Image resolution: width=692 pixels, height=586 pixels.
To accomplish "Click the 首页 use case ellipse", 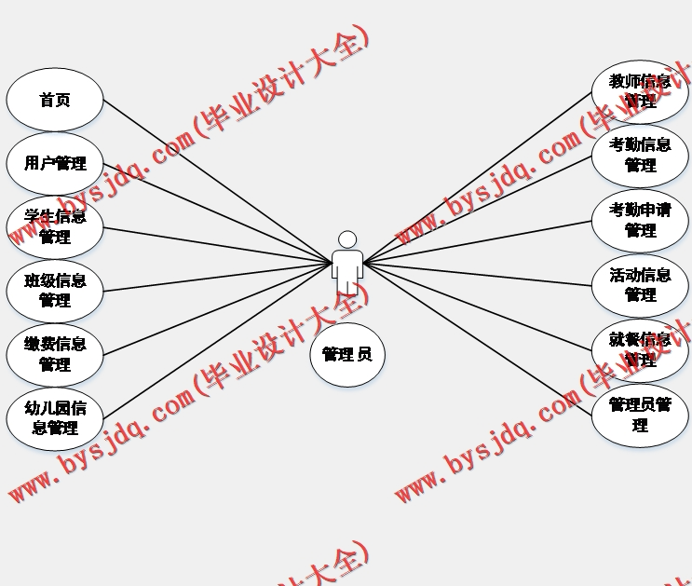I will [x=54, y=100].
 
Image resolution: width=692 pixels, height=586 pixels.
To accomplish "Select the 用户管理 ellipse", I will [x=54, y=164].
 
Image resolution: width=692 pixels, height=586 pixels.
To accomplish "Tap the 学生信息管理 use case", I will [x=54, y=227].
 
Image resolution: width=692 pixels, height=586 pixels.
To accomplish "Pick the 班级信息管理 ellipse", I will [x=54, y=291].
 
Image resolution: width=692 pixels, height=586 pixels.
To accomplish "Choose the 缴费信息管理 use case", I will [x=54, y=354].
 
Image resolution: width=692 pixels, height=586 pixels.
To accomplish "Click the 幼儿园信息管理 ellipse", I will [x=54, y=418].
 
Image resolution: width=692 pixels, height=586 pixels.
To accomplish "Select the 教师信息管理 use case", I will [x=640, y=91].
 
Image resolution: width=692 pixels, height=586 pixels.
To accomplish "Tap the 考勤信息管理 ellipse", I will [x=640, y=156].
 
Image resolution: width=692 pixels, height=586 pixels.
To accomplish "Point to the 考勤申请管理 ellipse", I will [x=640, y=221].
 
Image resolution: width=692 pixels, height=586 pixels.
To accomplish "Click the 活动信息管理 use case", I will [x=640, y=285].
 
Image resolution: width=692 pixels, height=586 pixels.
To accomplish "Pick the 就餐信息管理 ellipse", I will [x=640, y=350].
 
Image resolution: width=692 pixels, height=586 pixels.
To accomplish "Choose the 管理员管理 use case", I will [x=640, y=416].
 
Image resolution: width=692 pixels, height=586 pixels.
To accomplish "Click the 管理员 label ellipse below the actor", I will [x=346, y=354].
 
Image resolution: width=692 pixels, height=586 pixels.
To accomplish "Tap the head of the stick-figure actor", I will [x=347, y=239].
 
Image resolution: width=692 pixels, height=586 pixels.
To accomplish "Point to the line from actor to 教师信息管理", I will [x=477, y=177].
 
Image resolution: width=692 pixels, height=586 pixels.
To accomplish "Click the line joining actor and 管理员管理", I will [x=477, y=335].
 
